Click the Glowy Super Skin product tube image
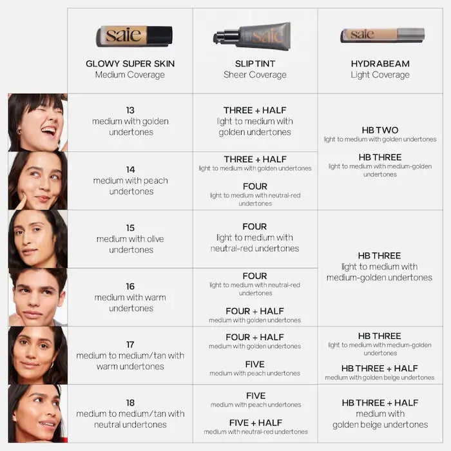coord(134,35)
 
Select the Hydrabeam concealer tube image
coord(382,35)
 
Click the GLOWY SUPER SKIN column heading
coord(130,64)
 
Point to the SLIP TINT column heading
coord(255,64)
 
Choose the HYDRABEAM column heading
coord(380,64)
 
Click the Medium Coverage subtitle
coord(130,75)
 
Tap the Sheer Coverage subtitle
coord(255,75)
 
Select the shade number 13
coord(131,110)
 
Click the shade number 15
coord(131,227)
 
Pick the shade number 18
coord(131,403)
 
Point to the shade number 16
coord(131,286)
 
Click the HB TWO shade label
coord(380,130)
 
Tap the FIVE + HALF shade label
coord(255,423)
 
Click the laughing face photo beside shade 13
coord(37,122)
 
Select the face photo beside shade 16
coord(37,297)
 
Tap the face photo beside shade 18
coord(37,414)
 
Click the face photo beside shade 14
coord(37,180)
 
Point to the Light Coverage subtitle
coord(380,75)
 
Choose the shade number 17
coord(131,345)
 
